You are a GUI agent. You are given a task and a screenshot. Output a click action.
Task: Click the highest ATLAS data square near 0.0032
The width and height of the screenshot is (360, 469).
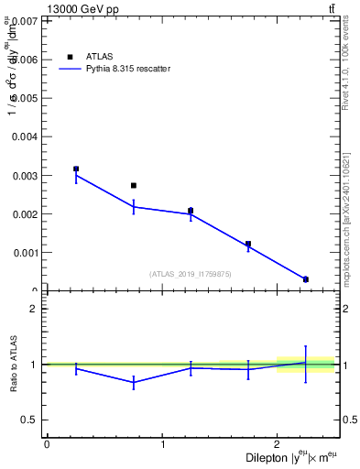[76, 169]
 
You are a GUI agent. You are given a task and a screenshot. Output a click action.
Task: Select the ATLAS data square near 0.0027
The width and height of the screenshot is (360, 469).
[134, 185]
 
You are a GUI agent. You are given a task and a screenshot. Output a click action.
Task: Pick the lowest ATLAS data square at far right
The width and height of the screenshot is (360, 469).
[306, 279]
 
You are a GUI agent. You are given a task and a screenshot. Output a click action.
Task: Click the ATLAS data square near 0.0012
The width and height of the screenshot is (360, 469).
[248, 244]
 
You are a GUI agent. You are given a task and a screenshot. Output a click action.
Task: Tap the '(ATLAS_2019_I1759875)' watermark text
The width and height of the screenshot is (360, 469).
[191, 273]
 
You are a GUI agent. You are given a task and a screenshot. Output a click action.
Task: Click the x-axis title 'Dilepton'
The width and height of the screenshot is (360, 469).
[267, 457]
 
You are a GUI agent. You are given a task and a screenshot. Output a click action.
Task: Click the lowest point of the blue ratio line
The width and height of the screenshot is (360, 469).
[134, 382]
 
